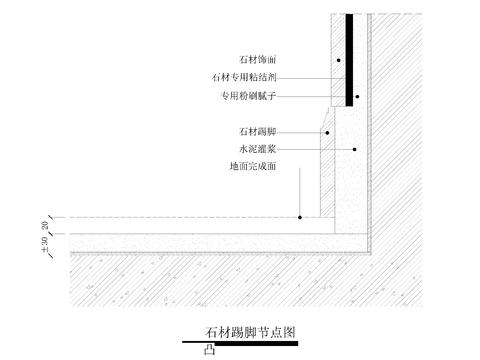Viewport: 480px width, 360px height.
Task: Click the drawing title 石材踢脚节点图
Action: click(250, 332)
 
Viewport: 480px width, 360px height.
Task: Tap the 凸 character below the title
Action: click(209, 350)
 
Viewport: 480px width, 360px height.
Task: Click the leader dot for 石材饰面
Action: click(339, 61)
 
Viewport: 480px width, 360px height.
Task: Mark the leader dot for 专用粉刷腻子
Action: click(357, 96)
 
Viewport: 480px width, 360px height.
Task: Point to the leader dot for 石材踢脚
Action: click(325, 131)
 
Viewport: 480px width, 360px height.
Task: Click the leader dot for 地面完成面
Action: click(301, 217)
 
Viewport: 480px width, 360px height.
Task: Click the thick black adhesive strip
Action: click(349, 60)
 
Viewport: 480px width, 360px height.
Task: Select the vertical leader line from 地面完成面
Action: click(301, 192)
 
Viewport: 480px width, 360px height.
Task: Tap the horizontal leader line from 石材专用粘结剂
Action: click(310, 78)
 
